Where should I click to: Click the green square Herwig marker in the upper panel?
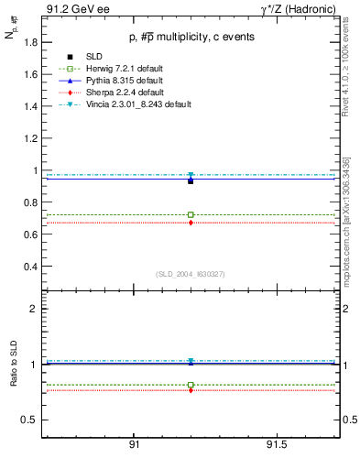pyautogui.click(x=191, y=214)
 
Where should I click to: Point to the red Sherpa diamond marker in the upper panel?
pyautogui.click(x=191, y=223)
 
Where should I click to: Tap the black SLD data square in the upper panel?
pyautogui.click(x=191, y=180)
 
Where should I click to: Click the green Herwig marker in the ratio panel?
pyautogui.click(x=191, y=385)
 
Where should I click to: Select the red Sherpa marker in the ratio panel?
pyautogui.click(x=191, y=391)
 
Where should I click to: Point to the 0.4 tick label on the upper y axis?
pyautogui.click(x=30, y=267)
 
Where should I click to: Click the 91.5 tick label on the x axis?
pyautogui.click(x=276, y=446)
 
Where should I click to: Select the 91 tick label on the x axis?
pyautogui.click(x=134, y=446)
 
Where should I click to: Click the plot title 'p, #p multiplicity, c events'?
pyautogui.click(x=190, y=38)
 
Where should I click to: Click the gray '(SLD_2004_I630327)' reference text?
pyautogui.click(x=190, y=274)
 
